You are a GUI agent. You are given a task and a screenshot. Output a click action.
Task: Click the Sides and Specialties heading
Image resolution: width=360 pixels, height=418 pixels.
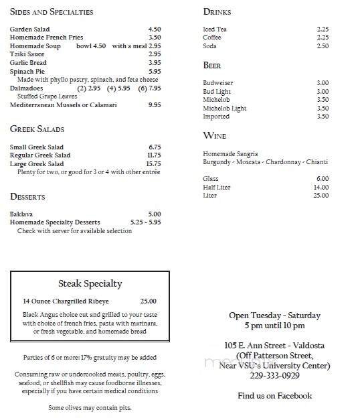click(x=52, y=12)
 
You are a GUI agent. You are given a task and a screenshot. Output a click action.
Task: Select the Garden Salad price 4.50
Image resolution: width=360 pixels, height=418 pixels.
click(x=154, y=29)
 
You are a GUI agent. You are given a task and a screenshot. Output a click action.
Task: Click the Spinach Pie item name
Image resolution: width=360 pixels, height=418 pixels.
click(x=28, y=71)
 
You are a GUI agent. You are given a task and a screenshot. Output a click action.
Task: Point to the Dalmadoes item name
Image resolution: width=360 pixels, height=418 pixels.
click(x=27, y=88)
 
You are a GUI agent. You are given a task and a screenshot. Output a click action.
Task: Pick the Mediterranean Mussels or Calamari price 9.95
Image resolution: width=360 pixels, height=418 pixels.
click(x=154, y=104)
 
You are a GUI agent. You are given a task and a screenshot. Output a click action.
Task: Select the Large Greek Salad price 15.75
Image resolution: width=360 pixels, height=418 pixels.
click(x=153, y=163)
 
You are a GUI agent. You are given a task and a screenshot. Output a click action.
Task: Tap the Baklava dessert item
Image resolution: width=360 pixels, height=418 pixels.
click(x=21, y=214)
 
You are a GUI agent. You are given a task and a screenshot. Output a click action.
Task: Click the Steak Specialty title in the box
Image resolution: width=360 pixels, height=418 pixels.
click(x=90, y=284)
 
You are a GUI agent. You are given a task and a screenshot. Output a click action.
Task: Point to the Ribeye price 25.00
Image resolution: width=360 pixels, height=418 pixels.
click(x=148, y=301)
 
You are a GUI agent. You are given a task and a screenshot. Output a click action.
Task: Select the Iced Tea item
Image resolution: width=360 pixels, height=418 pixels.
click(x=215, y=29)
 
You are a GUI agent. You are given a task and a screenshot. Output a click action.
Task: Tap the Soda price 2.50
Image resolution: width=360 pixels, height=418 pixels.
click(x=323, y=46)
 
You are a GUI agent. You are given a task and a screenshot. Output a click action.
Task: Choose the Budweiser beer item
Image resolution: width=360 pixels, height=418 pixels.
click(x=219, y=83)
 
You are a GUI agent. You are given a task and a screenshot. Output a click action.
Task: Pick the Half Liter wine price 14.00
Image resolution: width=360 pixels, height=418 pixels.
click(x=321, y=187)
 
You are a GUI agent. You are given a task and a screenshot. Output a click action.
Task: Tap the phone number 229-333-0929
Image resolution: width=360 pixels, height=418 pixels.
click(x=275, y=375)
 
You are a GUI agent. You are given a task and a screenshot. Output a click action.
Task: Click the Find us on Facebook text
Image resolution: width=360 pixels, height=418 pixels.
click(x=275, y=395)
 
